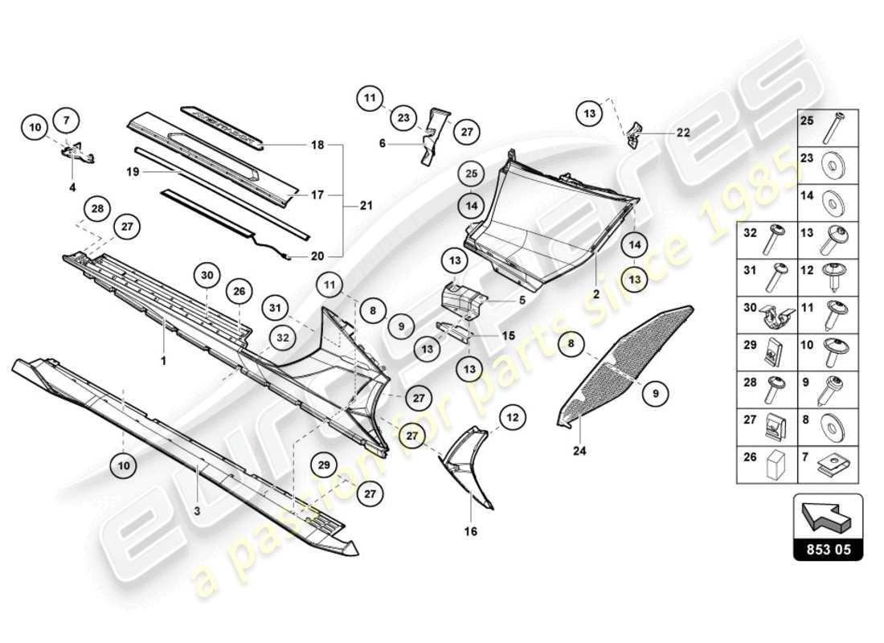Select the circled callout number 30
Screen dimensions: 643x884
coord(207,275)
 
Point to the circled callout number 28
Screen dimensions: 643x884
coord(97,209)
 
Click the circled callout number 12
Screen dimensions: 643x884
coord(513,417)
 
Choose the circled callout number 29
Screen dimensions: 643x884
coord(324,465)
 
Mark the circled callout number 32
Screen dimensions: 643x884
coord(281,338)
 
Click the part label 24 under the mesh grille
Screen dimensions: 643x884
coord(579,451)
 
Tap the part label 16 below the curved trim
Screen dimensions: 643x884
coord(471,531)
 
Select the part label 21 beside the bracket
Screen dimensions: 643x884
coord(366,207)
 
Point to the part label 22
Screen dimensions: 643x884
coord(682,132)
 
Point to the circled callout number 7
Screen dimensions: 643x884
coord(67,121)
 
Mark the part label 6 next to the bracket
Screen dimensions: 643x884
coord(383,144)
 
